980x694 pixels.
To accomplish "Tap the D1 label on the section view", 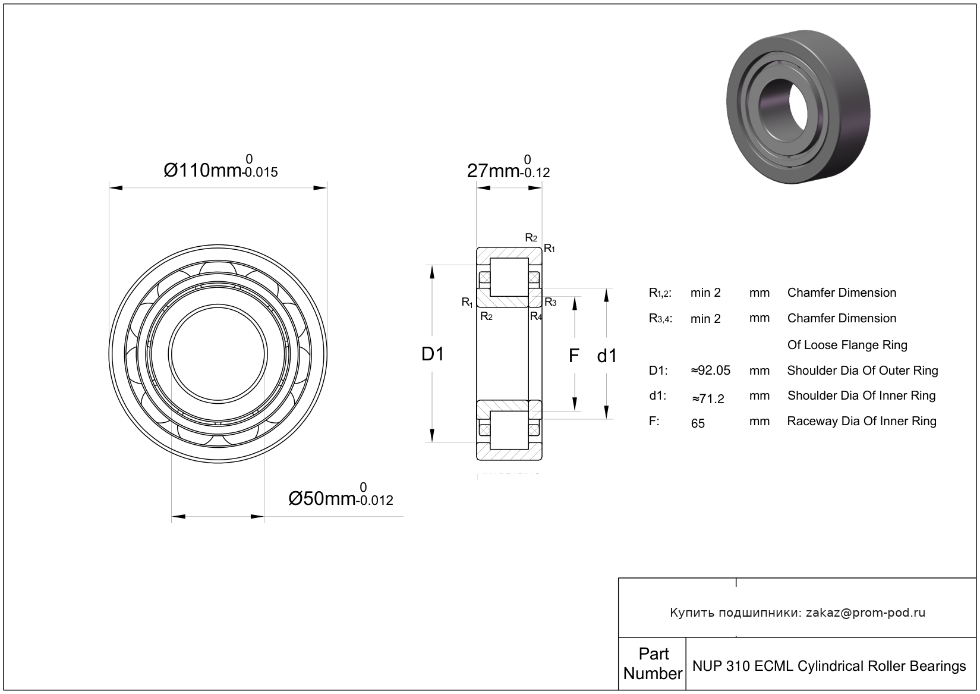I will point(433,354).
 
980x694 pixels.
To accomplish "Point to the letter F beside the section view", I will point(573,356).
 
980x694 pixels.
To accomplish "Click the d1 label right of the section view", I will point(607,356).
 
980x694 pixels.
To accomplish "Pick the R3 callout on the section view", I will point(550,302).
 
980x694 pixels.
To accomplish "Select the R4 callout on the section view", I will point(536,316).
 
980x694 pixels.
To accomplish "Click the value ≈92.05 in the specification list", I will point(711,370).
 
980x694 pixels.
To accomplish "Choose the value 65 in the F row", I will point(698,423).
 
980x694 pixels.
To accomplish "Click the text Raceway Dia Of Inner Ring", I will point(861,421).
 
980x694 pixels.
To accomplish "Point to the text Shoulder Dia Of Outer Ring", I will point(862,370).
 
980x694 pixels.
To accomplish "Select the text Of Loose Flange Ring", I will point(847,345).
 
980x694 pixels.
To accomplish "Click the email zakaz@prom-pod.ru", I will point(865,613).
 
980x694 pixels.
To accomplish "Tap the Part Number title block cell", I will point(653,664).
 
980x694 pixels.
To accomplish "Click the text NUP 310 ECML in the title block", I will point(743,665).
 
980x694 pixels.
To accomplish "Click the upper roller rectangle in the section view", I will point(509,277).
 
